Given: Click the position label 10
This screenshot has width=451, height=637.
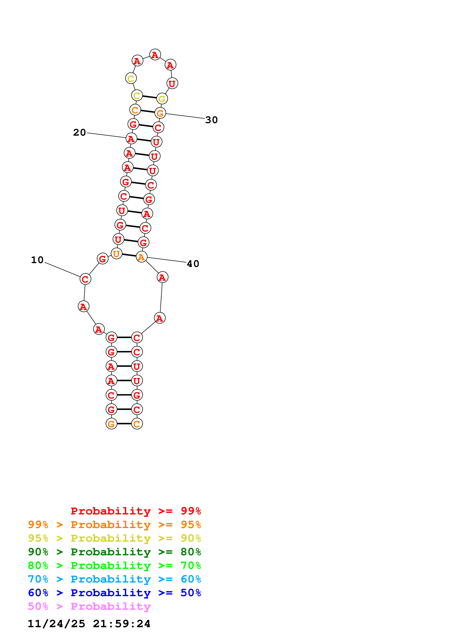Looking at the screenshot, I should pos(37,260).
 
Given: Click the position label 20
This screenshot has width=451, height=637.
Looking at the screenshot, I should pos(80,132).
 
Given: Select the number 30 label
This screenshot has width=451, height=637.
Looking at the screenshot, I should pos(211,120).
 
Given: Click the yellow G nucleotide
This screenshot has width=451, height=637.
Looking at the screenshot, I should pos(162,99).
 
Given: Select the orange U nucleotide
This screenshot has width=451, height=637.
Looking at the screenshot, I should pos(116,253).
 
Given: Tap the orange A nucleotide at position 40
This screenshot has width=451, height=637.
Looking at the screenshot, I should pos(141,257).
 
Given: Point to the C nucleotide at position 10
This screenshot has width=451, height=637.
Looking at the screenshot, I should pos(85,279).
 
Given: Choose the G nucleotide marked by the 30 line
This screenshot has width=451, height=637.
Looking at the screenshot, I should pos(160,113).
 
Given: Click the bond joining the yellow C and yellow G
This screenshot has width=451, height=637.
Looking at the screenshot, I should pos(150,97).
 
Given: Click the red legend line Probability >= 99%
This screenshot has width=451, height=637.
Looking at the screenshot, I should pos(136,511).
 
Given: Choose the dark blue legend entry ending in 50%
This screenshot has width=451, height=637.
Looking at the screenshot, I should pos(114,593).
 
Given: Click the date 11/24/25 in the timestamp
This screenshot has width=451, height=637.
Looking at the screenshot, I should pos(56,624).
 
